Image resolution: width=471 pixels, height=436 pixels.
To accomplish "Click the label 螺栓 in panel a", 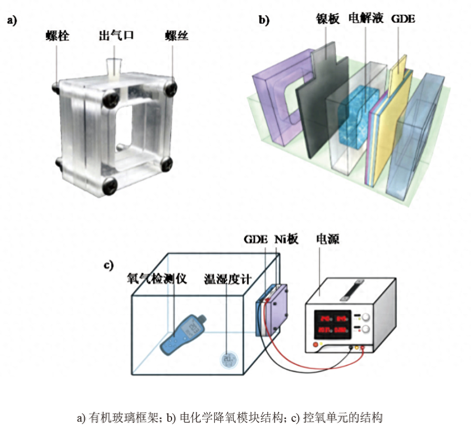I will [57, 36].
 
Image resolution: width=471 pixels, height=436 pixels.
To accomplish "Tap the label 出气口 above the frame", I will [114, 36].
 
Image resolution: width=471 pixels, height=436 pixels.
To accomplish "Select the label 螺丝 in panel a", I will [177, 36].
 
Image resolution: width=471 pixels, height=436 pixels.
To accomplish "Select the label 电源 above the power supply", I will [327, 239].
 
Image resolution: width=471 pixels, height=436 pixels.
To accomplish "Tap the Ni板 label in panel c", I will [286, 239].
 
